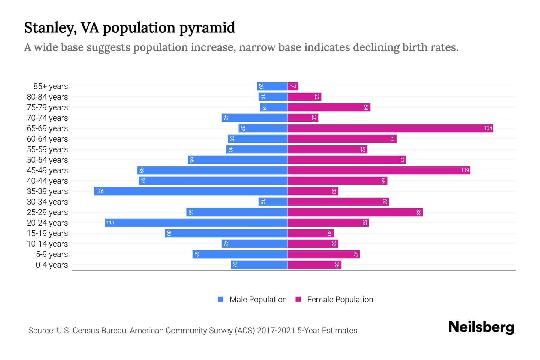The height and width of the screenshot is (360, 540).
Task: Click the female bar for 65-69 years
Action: tap(390, 128)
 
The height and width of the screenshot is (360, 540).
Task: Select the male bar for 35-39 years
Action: tap(191, 191)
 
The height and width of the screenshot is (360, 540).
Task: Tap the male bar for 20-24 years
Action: tap(196, 223)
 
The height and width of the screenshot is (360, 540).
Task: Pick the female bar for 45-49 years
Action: tap(379, 170)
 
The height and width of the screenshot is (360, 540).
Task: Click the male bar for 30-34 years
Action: tap(273, 202)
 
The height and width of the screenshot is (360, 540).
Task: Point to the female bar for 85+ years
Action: tap(293, 86)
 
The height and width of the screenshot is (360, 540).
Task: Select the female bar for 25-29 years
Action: tap(355, 212)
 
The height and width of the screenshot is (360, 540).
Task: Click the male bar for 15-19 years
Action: tap(226, 233)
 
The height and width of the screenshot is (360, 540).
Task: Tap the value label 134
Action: tap(488, 128)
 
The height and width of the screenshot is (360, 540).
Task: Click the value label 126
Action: tap(100, 191)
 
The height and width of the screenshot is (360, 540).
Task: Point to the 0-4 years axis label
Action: tap(52, 265)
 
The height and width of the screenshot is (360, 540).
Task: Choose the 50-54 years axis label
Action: tap(47, 160)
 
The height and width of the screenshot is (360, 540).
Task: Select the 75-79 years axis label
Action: tap(47, 107)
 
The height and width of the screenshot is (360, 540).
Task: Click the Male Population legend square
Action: tap(221, 299)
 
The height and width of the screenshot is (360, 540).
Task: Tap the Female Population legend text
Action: tap(340, 300)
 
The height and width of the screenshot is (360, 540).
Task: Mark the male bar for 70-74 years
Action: tap(254, 118)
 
